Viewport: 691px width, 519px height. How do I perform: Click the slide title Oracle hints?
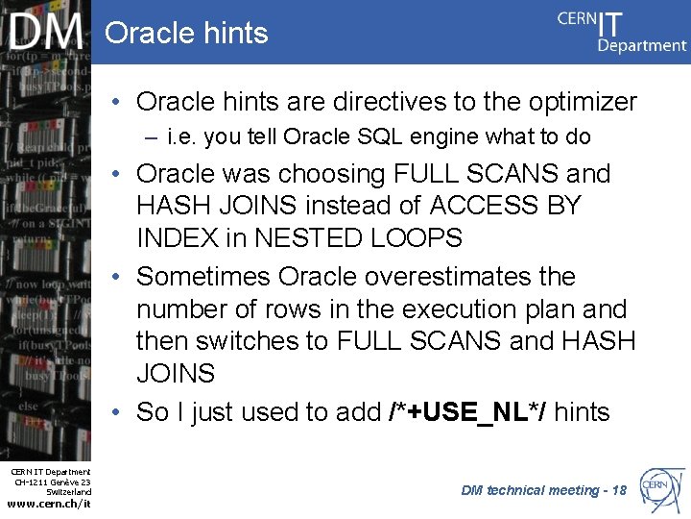[186, 33]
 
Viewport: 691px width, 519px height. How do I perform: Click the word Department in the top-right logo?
[642, 45]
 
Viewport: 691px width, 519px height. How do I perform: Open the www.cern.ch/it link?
[49, 504]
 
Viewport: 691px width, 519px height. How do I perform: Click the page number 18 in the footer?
[618, 490]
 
